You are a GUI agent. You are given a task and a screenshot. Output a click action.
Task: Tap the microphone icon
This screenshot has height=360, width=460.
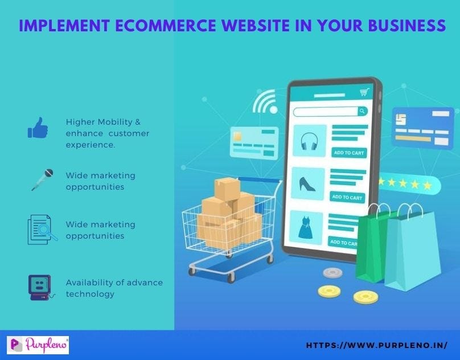point(43,179)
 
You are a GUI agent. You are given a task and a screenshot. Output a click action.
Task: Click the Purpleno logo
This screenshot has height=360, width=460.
point(38,345)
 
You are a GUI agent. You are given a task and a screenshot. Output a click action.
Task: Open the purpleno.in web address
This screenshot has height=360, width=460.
point(376,345)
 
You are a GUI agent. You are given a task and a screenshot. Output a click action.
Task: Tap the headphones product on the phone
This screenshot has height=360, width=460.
point(309,140)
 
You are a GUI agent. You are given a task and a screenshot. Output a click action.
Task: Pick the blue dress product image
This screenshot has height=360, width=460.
point(307,227)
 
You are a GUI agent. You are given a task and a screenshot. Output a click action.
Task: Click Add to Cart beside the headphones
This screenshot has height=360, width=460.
point(348,152)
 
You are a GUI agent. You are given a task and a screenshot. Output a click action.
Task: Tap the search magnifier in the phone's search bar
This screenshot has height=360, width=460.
point(362,111)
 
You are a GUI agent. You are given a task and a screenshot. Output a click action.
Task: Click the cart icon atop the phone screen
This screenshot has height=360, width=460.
point(364,92)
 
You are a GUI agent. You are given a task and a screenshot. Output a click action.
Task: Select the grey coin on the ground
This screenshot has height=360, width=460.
point(332,272)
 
